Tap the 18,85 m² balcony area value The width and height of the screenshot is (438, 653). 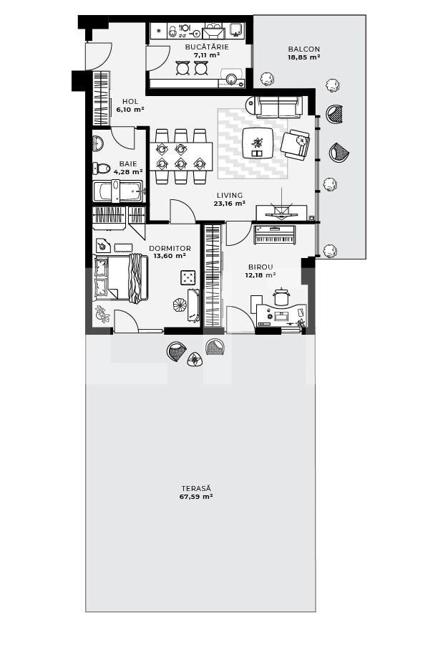click(x=303, y=57)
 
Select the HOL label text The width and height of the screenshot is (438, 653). click(x=130, y=102)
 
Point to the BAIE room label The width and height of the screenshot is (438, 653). click(x=128, y=163)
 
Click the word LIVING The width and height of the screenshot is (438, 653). click(x=230, y=195)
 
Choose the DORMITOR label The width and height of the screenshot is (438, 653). click(x=170, y=249)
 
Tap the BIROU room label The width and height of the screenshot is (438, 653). click(x=261, y=266)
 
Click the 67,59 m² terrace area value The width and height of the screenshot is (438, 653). click(x=196, y=496)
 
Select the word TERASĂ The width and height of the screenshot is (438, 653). click(x=196, y=487)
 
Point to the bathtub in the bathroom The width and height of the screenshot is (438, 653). click(x=117, y=192)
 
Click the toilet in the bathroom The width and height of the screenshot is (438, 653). click(x=100, y=169)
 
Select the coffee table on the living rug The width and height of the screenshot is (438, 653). click(x=258, y=142)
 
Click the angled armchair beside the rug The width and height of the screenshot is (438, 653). click(x=295, y=143)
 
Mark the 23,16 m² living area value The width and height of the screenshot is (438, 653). click(x=230, y=204)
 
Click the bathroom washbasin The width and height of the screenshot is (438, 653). click(x=98, y=141)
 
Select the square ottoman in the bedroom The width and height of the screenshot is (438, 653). click(x=188, y=277)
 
